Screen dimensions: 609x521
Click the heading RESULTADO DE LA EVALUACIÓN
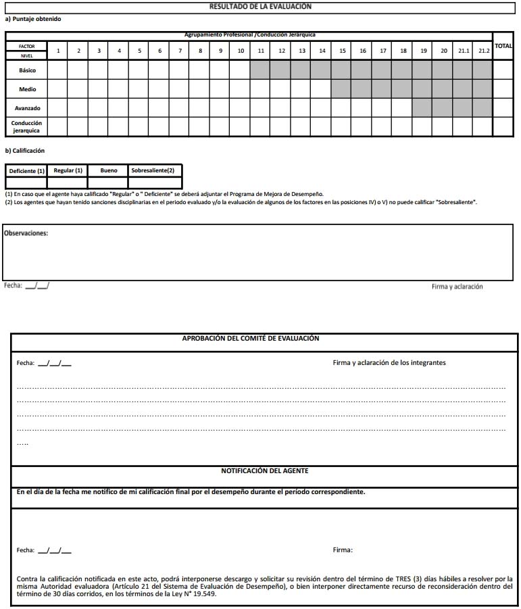pyautogui.click(x=260, y=6)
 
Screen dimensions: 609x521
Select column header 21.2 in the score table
pyautogui.click(x=482, y=51)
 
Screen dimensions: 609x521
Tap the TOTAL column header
pyautogui.click(x=503, y=46)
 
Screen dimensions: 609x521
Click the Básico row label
pyautogui.click(x=27, y=70)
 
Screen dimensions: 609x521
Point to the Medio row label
pyautogui.click(x=27, y=89)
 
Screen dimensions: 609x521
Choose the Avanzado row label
pyautogui.click(x=27, y=108)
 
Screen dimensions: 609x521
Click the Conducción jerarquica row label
pyautogui.click(x=27, y=127)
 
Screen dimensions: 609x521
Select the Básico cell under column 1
pyautogui.click(x=58, y=70)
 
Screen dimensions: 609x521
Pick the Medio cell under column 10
pyautogui.click(x=241, y=89)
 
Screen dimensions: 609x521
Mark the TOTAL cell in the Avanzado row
pyautogui.click(x=503, y=108)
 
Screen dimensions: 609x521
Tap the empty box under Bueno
pyautogui.click(x=109, y=182)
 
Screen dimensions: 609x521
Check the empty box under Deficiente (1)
pyautogui.click(x=26, y=182)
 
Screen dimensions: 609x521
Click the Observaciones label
pyautogui.click(x=26, y=233)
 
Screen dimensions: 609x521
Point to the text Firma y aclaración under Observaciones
pyautogui.click(x=457, y=287)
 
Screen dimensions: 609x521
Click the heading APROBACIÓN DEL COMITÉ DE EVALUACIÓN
pyautogui.click(x=251, y=339)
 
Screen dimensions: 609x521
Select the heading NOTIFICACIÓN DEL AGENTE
pyautogui.click(x=264, y=470)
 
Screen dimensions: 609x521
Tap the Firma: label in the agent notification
pyautogui.click(x=343, y=550)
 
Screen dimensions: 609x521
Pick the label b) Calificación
pyautogui.click(x=25, y=151)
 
